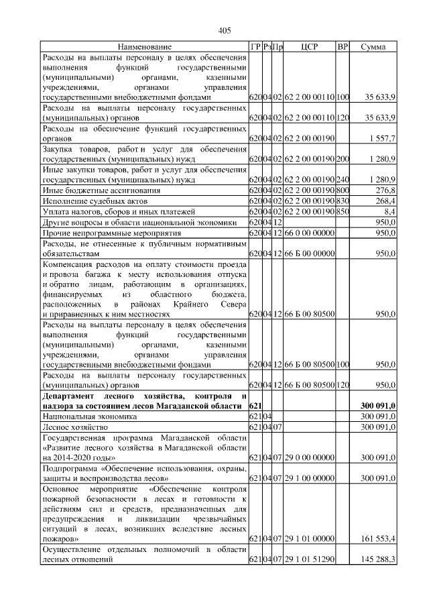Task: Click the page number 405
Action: [x=225, y=30]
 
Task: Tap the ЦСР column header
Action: [x=309, y=47]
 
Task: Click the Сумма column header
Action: [x=373, y=47]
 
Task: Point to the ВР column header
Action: [x=343, y=47]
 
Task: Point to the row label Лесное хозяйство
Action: [x=70, y=427]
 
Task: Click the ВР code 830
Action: [x=343, y=201]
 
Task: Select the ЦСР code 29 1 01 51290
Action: [x=309, y=559]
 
